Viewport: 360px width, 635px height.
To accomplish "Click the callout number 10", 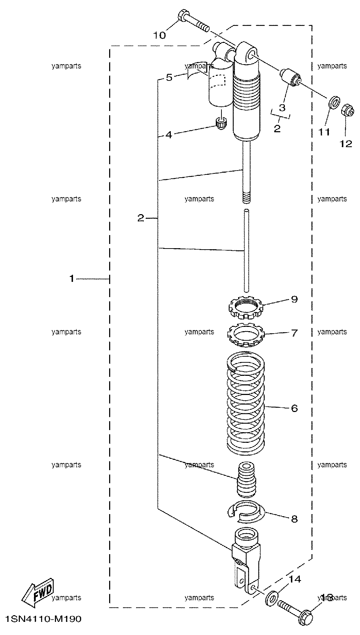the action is tap(159, 35).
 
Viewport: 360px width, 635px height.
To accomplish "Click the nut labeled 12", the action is tap(348, 112).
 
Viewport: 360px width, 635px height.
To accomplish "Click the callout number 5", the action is tap(169, 77).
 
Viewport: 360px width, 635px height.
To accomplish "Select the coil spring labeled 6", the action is tap(246, 403).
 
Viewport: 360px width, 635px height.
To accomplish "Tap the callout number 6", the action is tap(294, 408).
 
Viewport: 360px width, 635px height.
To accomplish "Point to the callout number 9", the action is tap(294, 299).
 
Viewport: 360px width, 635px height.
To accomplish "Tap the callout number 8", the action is tap(294, 519).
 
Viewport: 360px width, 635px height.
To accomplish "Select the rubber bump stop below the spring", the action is tap(246, 479).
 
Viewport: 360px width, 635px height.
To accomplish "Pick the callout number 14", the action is tap(295, 579).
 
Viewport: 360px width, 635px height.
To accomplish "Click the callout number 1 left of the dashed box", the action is tap(72, 279).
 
